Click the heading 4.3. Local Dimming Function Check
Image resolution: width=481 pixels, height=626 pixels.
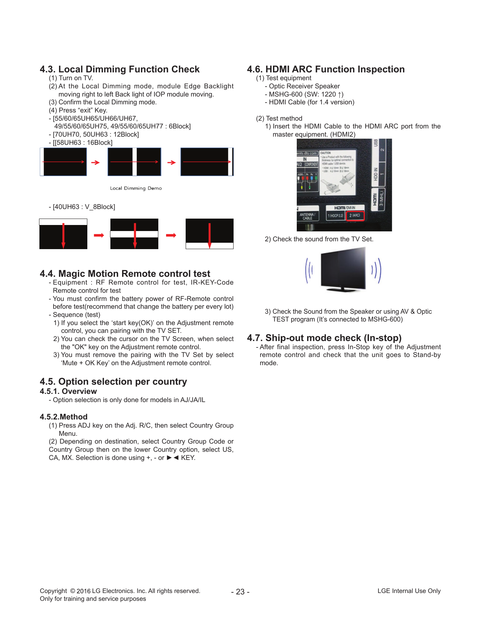click(120, 69)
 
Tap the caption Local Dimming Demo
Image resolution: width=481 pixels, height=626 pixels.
click(136, 188)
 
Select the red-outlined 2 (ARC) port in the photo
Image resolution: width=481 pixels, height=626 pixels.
click(355, 215)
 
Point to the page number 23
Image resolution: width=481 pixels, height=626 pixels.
click(240, 592)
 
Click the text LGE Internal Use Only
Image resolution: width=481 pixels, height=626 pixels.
click(409, 591)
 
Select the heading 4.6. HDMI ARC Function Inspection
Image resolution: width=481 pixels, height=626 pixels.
click(326, 69)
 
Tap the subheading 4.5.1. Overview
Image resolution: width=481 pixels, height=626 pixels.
click(68, 391)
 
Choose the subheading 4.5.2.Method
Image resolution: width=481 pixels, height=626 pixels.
click(64, 417)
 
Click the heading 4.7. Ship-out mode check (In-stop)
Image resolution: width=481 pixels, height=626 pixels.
click(324, 338)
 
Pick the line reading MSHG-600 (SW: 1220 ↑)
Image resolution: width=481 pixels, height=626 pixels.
click(306, 94)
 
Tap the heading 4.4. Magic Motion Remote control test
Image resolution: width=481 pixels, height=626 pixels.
click(125, 274)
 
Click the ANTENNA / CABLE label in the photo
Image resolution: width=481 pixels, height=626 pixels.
click(307, 216)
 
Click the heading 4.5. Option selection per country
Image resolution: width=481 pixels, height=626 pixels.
click(113, 381)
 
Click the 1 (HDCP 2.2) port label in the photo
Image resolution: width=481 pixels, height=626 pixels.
click(335, 215)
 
